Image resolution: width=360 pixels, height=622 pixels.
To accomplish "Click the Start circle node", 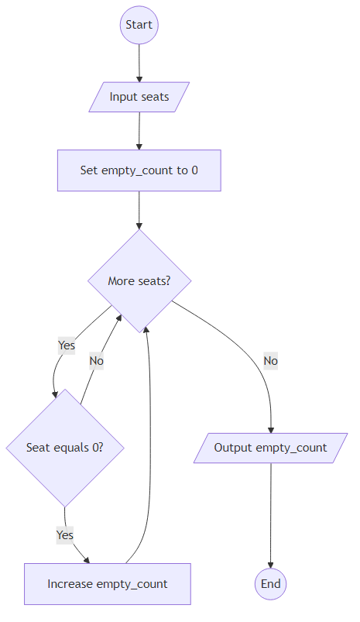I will [139, 25].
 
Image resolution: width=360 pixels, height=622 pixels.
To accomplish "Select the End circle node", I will [270, 583].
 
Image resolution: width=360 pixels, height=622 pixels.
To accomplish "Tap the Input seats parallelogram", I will [139, 97].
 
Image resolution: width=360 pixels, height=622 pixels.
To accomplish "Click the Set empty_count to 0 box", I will [139, 170].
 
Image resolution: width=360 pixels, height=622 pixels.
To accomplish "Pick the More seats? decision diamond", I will [139, 280].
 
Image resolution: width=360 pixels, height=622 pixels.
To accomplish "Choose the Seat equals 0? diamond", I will [65, 447].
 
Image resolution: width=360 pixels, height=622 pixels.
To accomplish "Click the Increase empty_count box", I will [108, 584].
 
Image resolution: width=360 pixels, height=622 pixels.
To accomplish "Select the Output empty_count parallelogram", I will [270, 448].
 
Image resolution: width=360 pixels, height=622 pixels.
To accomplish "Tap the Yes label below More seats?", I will [67, 345].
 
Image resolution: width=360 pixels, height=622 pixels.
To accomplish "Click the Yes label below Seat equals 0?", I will [65, 534].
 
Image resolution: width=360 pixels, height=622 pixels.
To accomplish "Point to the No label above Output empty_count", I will [270, 360].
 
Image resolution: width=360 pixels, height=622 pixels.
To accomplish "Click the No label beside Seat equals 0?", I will [96, 360].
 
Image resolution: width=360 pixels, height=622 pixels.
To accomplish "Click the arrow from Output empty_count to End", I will [270, 515].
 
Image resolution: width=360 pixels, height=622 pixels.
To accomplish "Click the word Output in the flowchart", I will [233, 448].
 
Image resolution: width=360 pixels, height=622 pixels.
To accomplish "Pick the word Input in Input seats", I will [123, 97].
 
